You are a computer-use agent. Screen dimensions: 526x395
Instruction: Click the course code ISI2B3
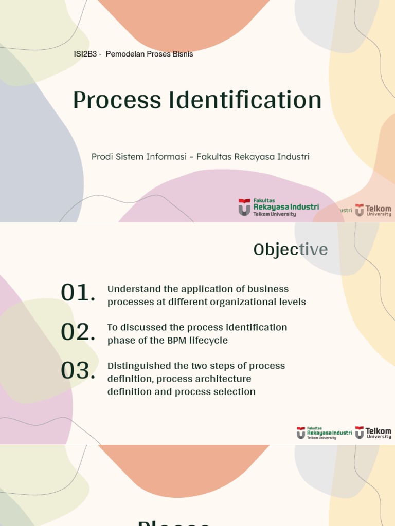[x=85, y=54]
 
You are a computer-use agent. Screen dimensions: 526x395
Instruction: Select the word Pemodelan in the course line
[x=123, y=54]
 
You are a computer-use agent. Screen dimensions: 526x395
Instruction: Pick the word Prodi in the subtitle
[x=102, y=157]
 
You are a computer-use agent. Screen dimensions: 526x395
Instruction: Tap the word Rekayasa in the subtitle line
[x=254, y=157]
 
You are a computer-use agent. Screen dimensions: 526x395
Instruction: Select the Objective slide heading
[x=291, y=250]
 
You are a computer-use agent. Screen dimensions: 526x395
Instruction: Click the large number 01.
[x=78, y=293]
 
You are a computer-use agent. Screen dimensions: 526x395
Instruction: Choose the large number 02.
[x=78, y=332]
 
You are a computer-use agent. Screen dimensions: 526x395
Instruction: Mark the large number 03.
[x=78, y=371]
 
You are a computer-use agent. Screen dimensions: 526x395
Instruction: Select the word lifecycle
[x=210, y=341]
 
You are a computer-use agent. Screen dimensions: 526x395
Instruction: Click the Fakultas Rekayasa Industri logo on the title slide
[x=278, y=208]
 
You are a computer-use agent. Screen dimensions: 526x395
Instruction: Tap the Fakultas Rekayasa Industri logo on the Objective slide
[x=324, y=433]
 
